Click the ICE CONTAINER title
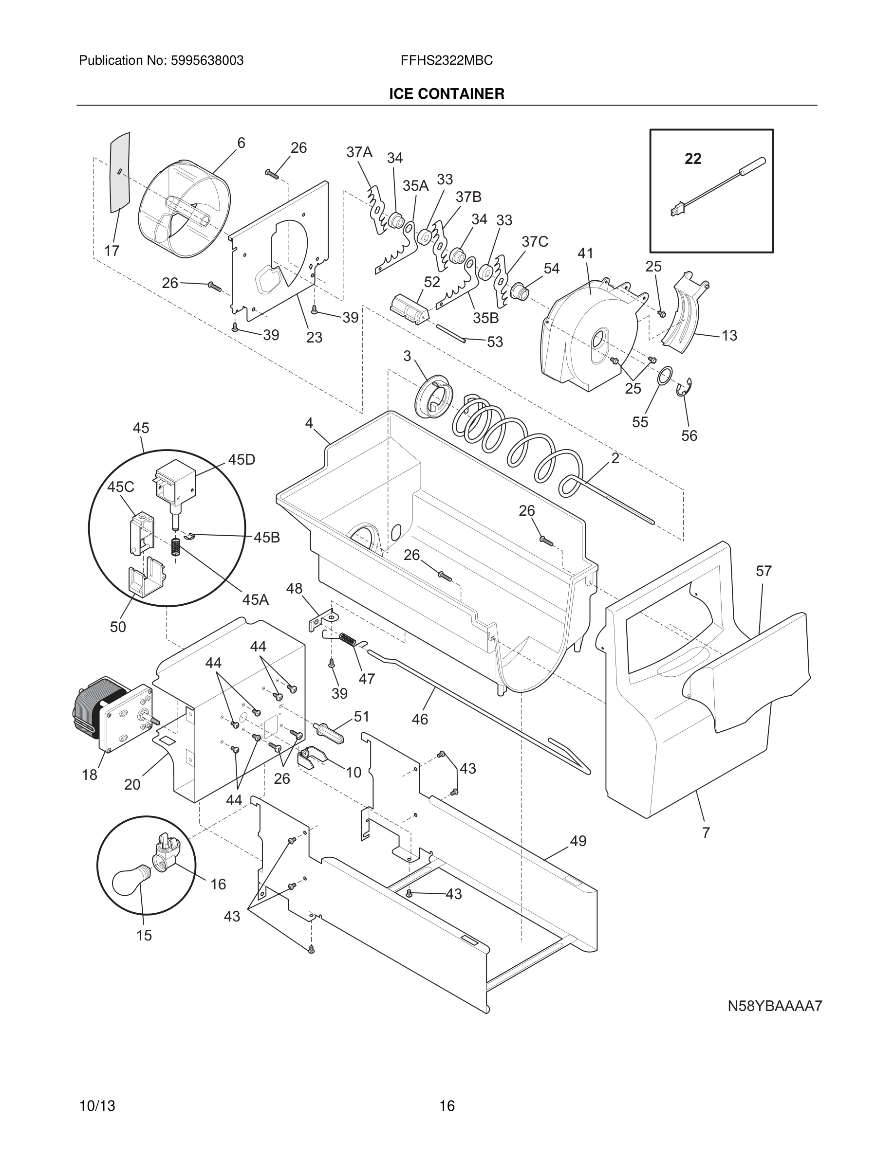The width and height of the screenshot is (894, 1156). (x=447, y=94)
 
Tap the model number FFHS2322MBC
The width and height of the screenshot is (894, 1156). (x=447, y=61)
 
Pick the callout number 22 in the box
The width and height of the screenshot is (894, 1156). (x=693, y=159)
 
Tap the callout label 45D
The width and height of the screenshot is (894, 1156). (x=242, y=459)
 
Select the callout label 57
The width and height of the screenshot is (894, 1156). (x=763, y=571)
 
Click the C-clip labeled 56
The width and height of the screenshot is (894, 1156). (x=685, y=388)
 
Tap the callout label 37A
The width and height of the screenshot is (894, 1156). (x=359, y=152)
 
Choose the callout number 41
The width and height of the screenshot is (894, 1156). (x=585, y=253)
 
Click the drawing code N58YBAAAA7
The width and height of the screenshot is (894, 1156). (x=774, y=1006)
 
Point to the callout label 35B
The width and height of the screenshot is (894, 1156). (x=485, y=318)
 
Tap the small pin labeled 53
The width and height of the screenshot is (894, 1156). (x=450, y=333)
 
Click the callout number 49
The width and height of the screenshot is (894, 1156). (x=578, y=841)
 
